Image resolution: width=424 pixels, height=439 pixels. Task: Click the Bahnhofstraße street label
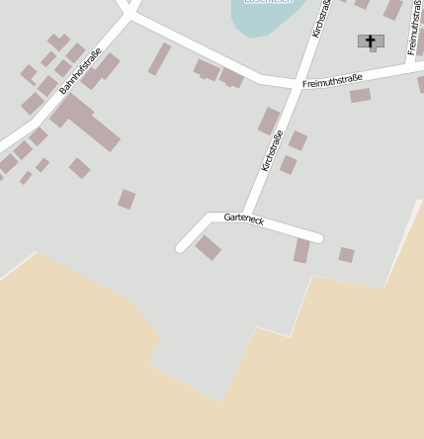(x=80, y=71)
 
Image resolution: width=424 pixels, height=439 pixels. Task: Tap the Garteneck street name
(x=243, y=218)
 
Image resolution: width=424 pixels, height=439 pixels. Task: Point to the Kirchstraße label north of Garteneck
(x=272, y=150)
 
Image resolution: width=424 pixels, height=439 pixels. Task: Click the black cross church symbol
(x=371, y=42)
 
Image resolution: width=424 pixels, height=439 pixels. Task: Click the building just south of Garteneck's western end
(x=208, y=247)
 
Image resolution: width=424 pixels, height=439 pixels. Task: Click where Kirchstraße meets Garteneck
(x=245, y=217)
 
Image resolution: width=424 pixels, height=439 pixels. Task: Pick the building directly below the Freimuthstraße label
(x=360, y=96)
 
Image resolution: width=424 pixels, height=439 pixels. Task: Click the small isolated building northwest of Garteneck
(x=127, y=199)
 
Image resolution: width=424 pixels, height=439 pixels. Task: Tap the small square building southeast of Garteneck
(x=346, y=255)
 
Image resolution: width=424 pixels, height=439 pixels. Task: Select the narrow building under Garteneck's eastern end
(x=301, y=251)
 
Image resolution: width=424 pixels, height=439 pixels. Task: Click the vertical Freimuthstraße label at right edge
(x=413, y=30)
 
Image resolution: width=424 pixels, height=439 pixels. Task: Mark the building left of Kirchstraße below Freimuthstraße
(x=269, y=121)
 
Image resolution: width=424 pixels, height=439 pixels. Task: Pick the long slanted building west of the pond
(x=159, y=58)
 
